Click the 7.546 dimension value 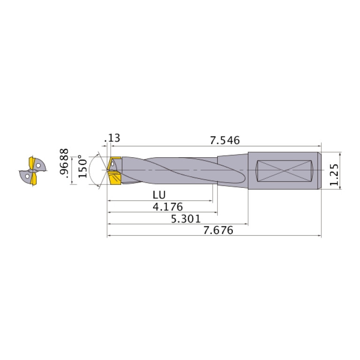[x=225, y=140]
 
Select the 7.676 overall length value [x=218, y=230]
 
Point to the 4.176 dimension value [x=167, y=207]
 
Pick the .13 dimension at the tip [x=114, y=138]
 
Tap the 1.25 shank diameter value [x=334, y=175]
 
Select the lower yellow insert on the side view [x=115, y=179]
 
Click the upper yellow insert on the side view [x=114, y=162]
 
